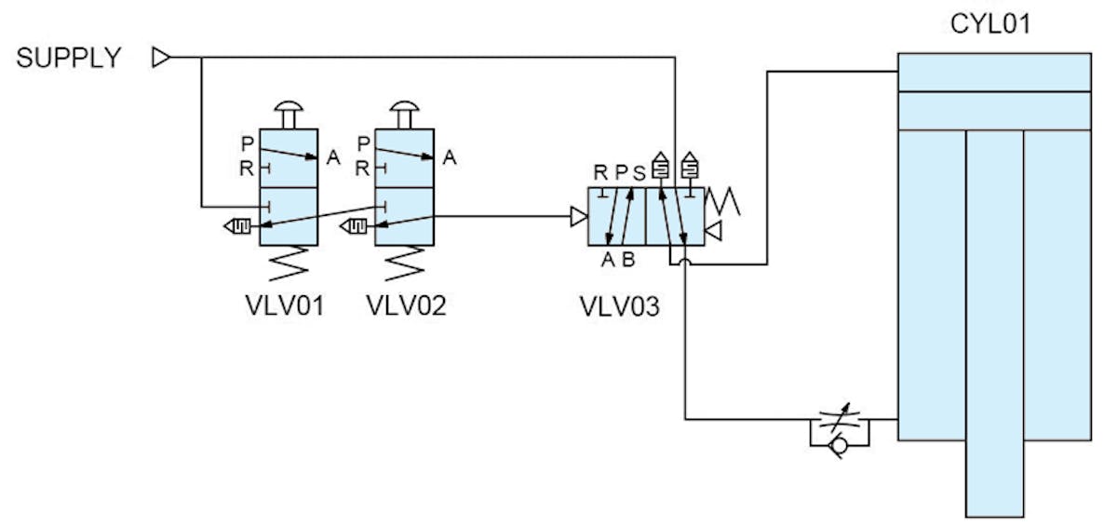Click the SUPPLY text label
69,58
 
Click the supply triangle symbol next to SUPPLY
161,59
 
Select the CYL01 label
990,23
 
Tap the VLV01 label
279,305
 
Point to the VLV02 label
406,305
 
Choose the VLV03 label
619,305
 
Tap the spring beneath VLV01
289,263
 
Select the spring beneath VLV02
405,263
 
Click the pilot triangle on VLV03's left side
578,217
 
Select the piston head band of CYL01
993,111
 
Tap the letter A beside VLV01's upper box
332,159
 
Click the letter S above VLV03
639,172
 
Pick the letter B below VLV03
628,260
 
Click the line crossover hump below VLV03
685,263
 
